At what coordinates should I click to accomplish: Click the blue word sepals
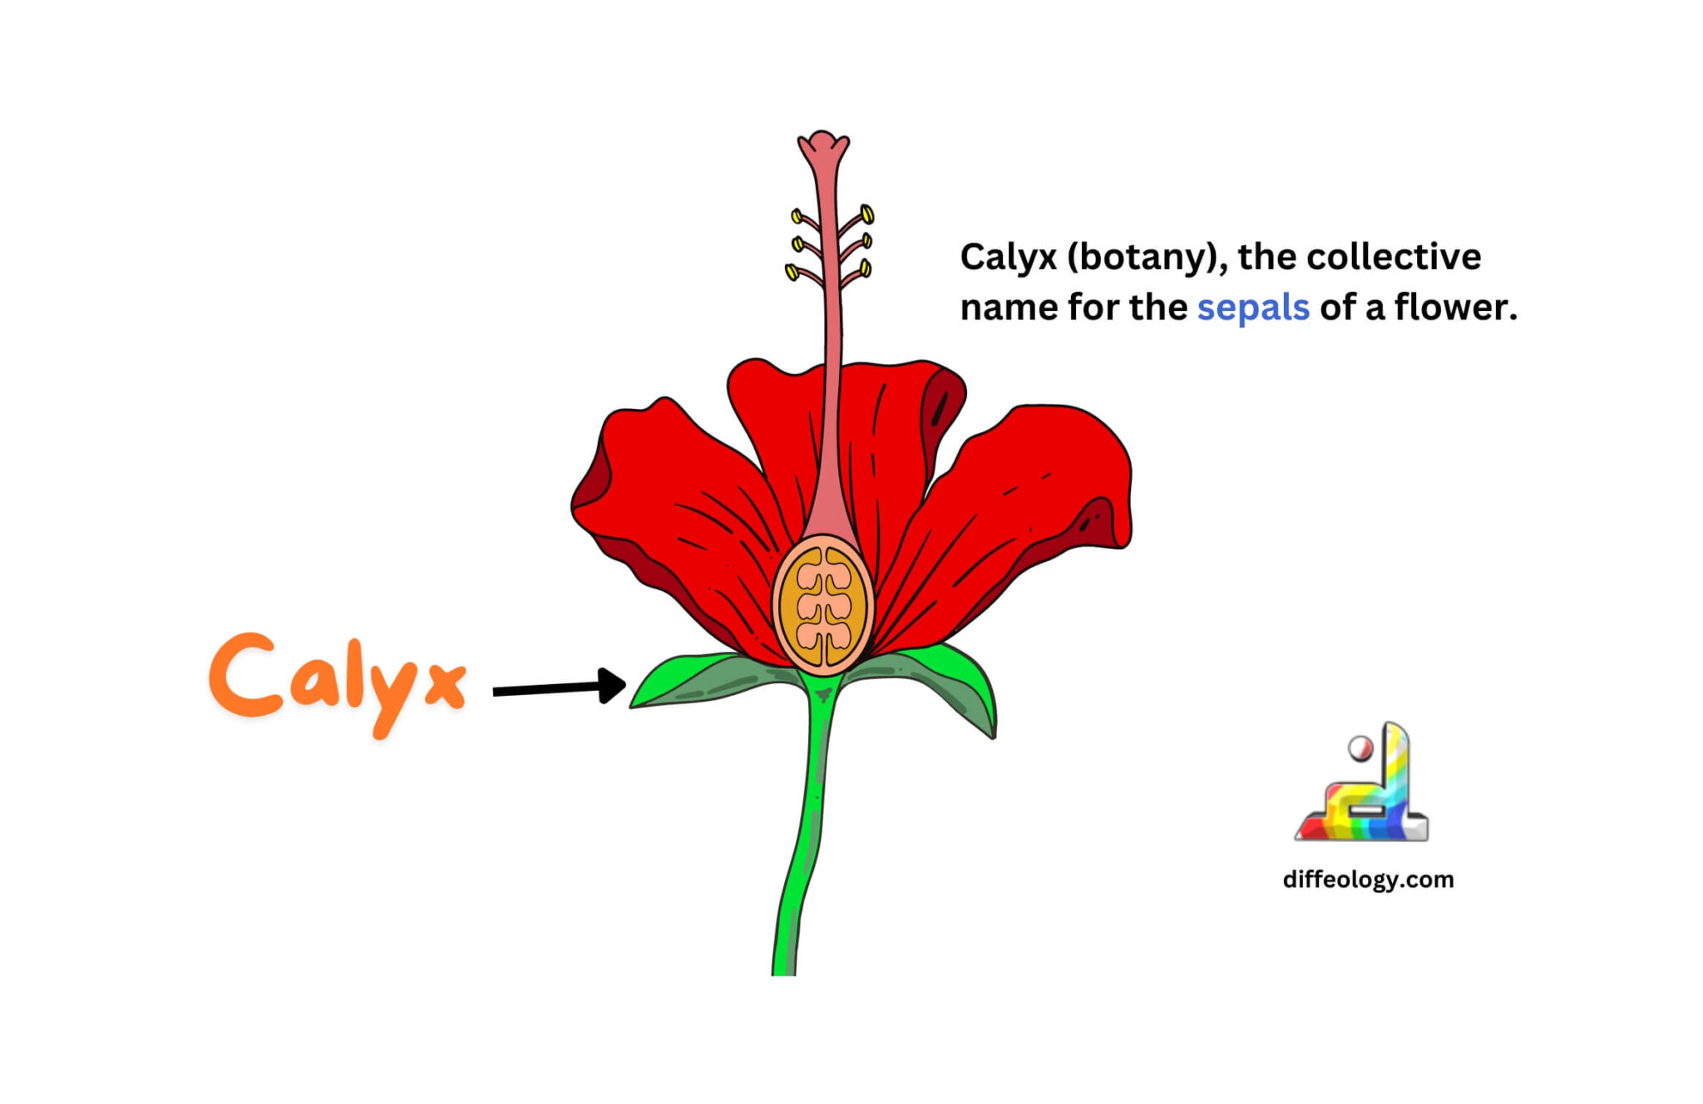point(1252,308)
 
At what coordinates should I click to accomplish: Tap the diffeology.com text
point(1368,880)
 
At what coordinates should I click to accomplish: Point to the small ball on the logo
point(1360,748)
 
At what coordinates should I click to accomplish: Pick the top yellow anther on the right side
point(866,214)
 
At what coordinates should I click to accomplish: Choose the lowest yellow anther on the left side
point(792,272)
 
